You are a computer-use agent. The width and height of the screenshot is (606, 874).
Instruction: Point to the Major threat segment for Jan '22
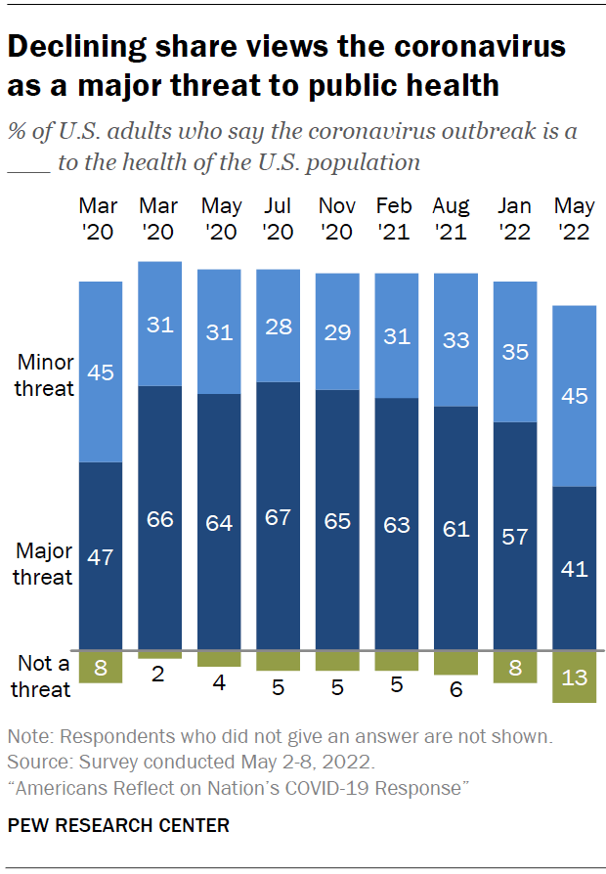514,536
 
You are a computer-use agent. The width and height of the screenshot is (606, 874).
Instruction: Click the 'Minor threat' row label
45,375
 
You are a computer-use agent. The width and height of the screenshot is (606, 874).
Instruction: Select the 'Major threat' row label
43,563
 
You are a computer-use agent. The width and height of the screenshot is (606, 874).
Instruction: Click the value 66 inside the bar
160,518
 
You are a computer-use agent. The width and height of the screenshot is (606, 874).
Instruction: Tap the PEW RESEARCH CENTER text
118,826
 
